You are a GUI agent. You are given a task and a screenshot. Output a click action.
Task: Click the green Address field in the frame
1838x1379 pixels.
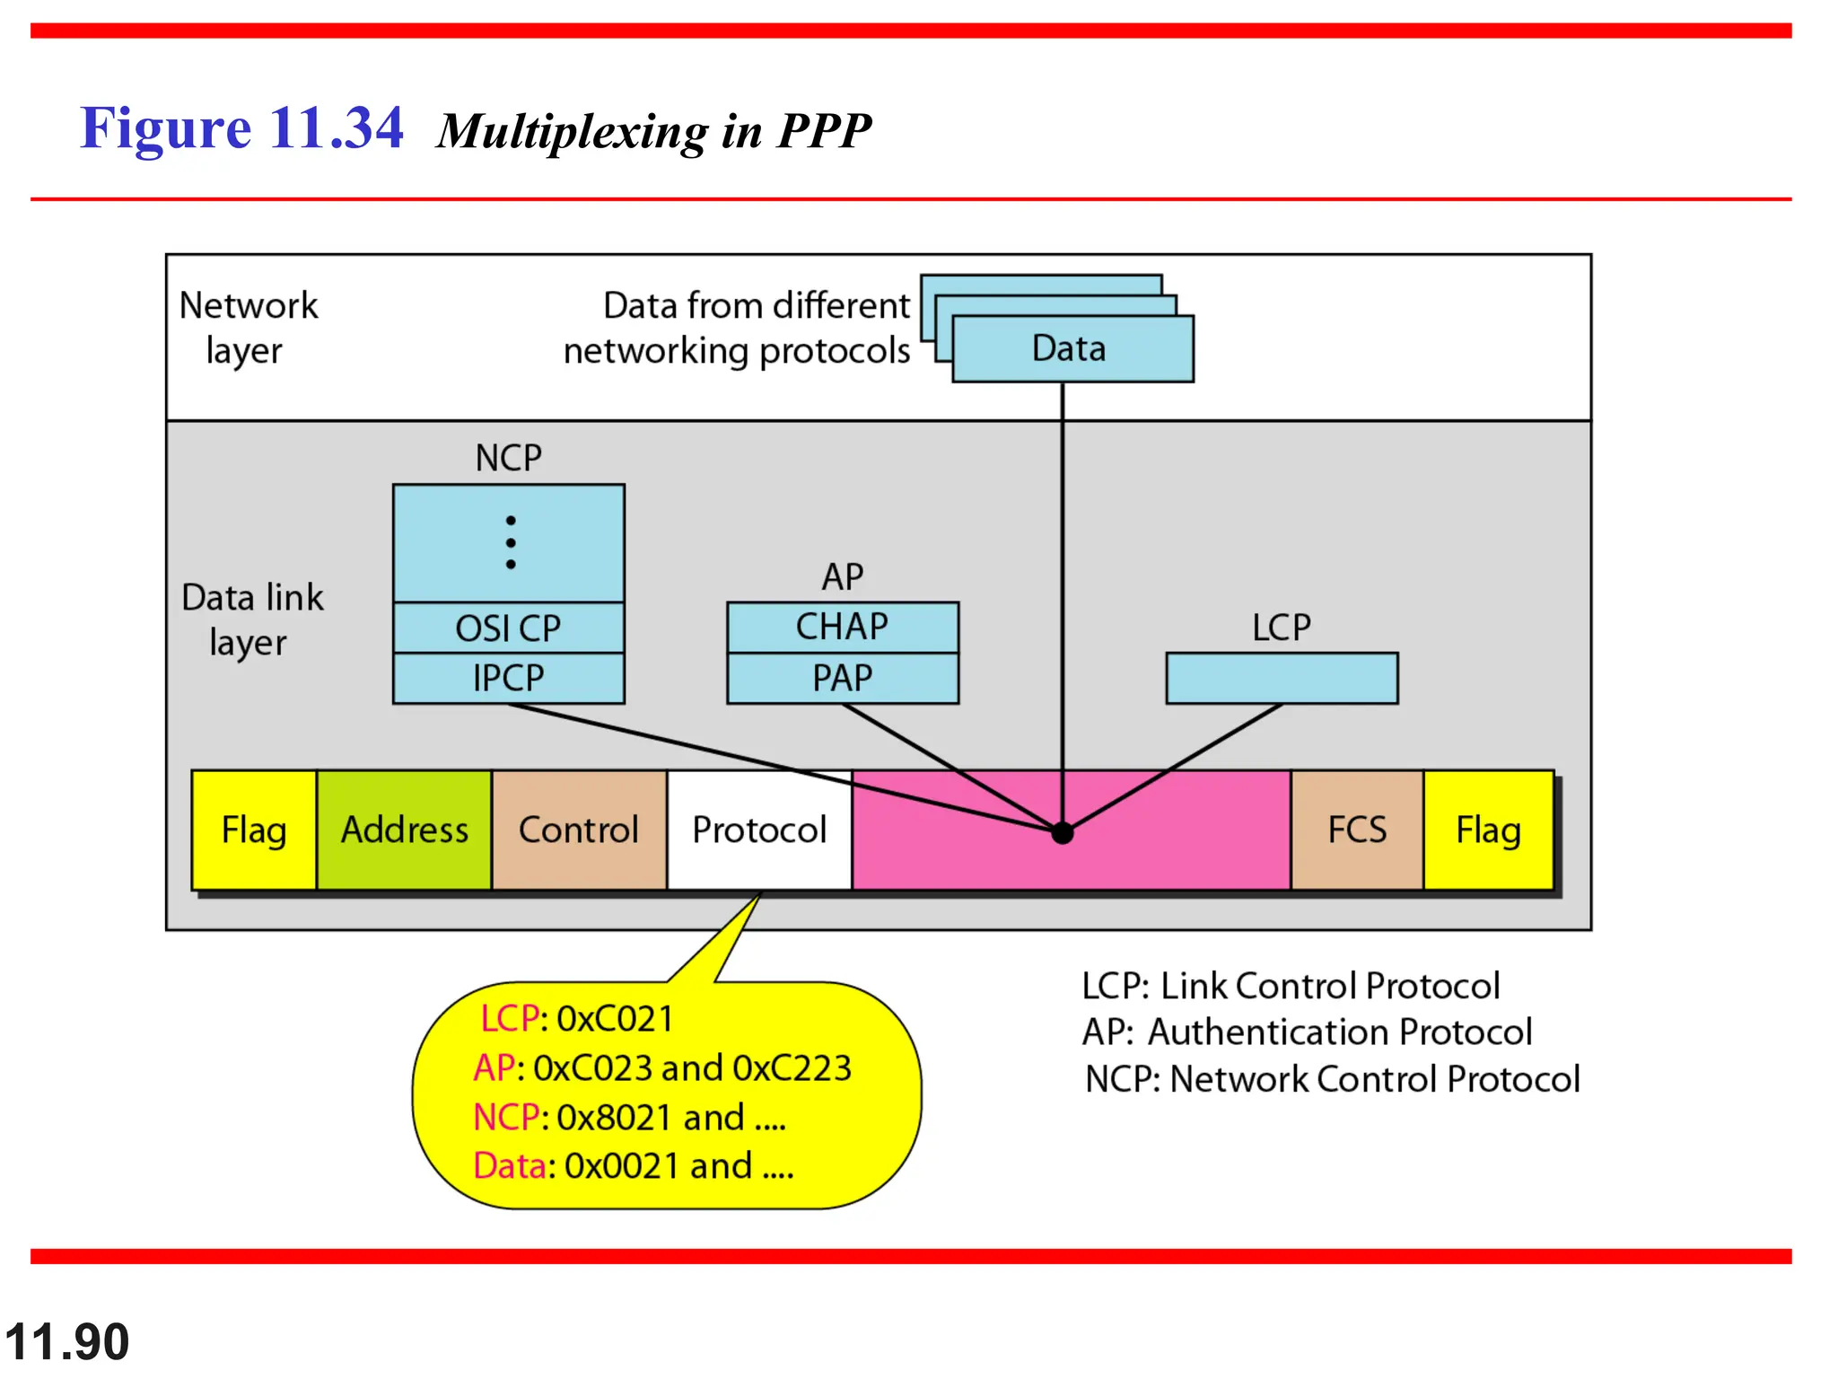tap(404, 830)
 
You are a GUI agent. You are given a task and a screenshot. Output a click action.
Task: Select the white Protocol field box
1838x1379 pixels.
tap(759, 830)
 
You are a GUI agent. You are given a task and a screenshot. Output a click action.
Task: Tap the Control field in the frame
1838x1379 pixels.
tap(579, 830)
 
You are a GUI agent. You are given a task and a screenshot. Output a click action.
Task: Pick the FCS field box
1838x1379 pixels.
tap(1357, 830)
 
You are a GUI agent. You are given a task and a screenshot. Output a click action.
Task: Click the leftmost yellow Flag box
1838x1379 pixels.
tap(254, 830)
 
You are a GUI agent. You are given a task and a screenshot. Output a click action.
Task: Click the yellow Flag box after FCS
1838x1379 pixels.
tap(1488, 830)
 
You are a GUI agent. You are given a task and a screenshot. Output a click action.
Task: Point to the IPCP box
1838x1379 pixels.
tap(508, 678)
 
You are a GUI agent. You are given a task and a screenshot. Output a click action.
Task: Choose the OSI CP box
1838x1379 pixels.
tap(508, 628)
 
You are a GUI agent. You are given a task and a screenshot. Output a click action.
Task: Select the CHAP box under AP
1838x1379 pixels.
tap(842, 627)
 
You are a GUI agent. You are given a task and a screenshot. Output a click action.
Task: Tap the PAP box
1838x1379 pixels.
tap(842, 678)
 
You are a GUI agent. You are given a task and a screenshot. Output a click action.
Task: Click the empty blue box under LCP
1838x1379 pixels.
tap(1282, 678)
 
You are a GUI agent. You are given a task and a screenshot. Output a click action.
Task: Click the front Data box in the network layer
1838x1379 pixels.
tap(1072, 348)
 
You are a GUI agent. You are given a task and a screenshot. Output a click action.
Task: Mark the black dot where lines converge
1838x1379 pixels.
tap(1063, 833)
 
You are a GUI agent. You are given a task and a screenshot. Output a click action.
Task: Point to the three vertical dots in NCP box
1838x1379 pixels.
tap(511, 542)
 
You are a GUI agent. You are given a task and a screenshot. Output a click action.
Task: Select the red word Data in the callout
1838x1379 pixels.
tap(509, 1165)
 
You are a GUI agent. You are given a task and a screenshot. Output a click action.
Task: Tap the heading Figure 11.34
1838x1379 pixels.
tap(241, 127)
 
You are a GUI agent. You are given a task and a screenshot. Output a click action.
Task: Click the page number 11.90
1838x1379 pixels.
tap(67, 1341)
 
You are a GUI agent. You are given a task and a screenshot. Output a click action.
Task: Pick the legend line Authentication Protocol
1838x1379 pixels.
tap(1307, 1032)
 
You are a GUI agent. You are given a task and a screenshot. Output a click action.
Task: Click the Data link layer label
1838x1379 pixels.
tap(251, 619)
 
